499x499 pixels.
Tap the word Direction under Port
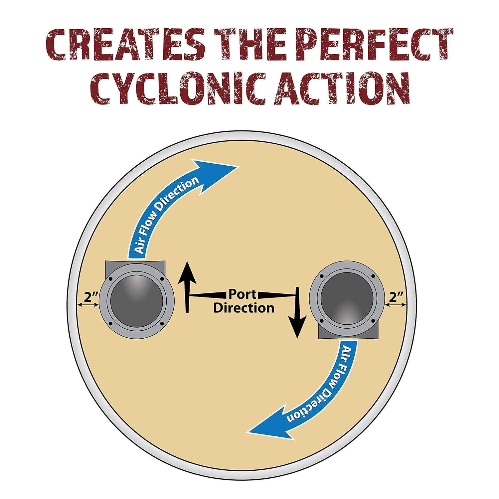tap(244, 308)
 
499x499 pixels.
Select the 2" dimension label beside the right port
tap(396, 297)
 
